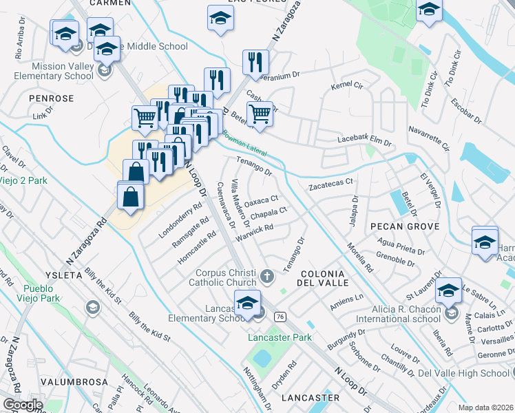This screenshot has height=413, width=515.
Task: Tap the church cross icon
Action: coord(268,277)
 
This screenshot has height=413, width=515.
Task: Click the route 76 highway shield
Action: coord(280,316)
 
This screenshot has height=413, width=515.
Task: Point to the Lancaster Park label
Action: coord(280,337)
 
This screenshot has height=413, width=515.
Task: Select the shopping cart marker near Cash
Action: coord(260,113)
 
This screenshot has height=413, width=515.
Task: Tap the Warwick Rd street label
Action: coord(254,232)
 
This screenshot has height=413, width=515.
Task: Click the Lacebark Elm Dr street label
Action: coord(364,140)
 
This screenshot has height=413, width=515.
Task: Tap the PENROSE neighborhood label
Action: coord(52,98)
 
